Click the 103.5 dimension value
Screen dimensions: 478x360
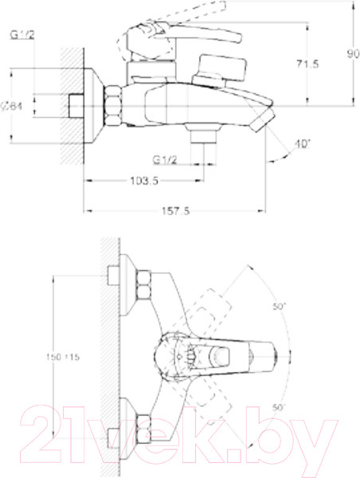(x=143, y=182)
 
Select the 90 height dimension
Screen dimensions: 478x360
(x=352, y=54)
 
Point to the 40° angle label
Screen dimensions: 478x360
(x=302, y=144)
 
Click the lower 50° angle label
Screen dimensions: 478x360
(x=279, y=407)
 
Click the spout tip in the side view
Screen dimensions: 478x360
(x=261, y=121)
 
